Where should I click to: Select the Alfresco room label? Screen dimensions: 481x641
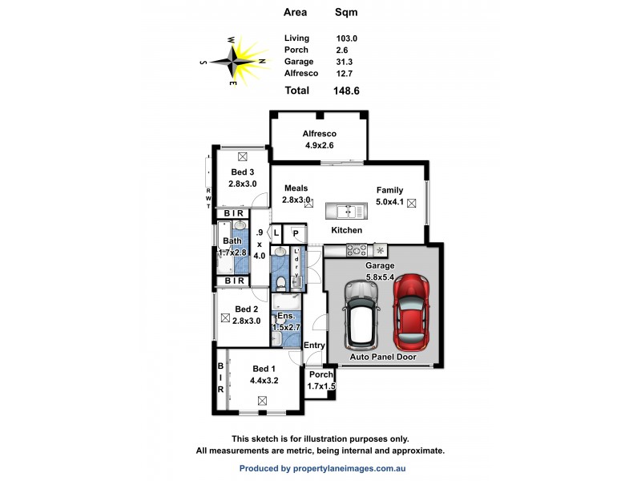[x=319, y=134]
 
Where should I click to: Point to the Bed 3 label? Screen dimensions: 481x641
[x=243, y=172]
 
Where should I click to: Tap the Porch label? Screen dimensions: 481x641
[x=320, y=374]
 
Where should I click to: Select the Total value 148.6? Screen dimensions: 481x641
[x=346, y=91]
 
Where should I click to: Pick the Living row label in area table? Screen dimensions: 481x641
[x=296, y=38]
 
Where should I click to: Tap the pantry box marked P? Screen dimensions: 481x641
[x=296, y=233]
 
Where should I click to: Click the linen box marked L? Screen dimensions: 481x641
[x=276, y=233]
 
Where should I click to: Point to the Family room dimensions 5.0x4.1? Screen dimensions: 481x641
[x=390, y=202]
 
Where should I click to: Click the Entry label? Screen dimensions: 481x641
[x=315, y=346]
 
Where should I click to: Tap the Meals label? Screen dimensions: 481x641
[x=296, y=188]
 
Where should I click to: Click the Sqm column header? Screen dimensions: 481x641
[x=346, y=12]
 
